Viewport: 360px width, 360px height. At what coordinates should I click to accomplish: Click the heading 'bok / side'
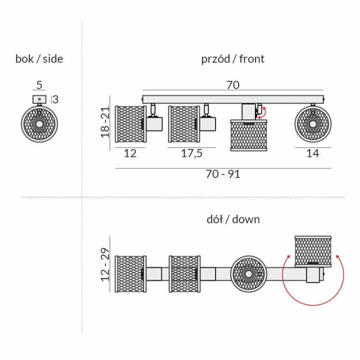click(39, 59)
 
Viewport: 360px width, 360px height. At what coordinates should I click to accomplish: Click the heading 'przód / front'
click(233, 59)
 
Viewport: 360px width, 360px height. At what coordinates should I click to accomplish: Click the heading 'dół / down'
click(233, 219)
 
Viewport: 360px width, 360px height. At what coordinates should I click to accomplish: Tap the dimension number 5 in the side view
click(39, 85)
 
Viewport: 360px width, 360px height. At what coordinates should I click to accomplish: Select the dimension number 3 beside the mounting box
click(55, 99)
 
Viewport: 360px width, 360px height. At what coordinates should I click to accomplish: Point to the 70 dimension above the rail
click(233, 85)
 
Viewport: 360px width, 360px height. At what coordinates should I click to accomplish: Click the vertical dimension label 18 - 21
click(105, 122)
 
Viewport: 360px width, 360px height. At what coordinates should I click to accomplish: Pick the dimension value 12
click(130, 153)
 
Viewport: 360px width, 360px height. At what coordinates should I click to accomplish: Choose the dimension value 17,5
click(191, 153)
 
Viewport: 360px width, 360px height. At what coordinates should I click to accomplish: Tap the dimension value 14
click(312, 153)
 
